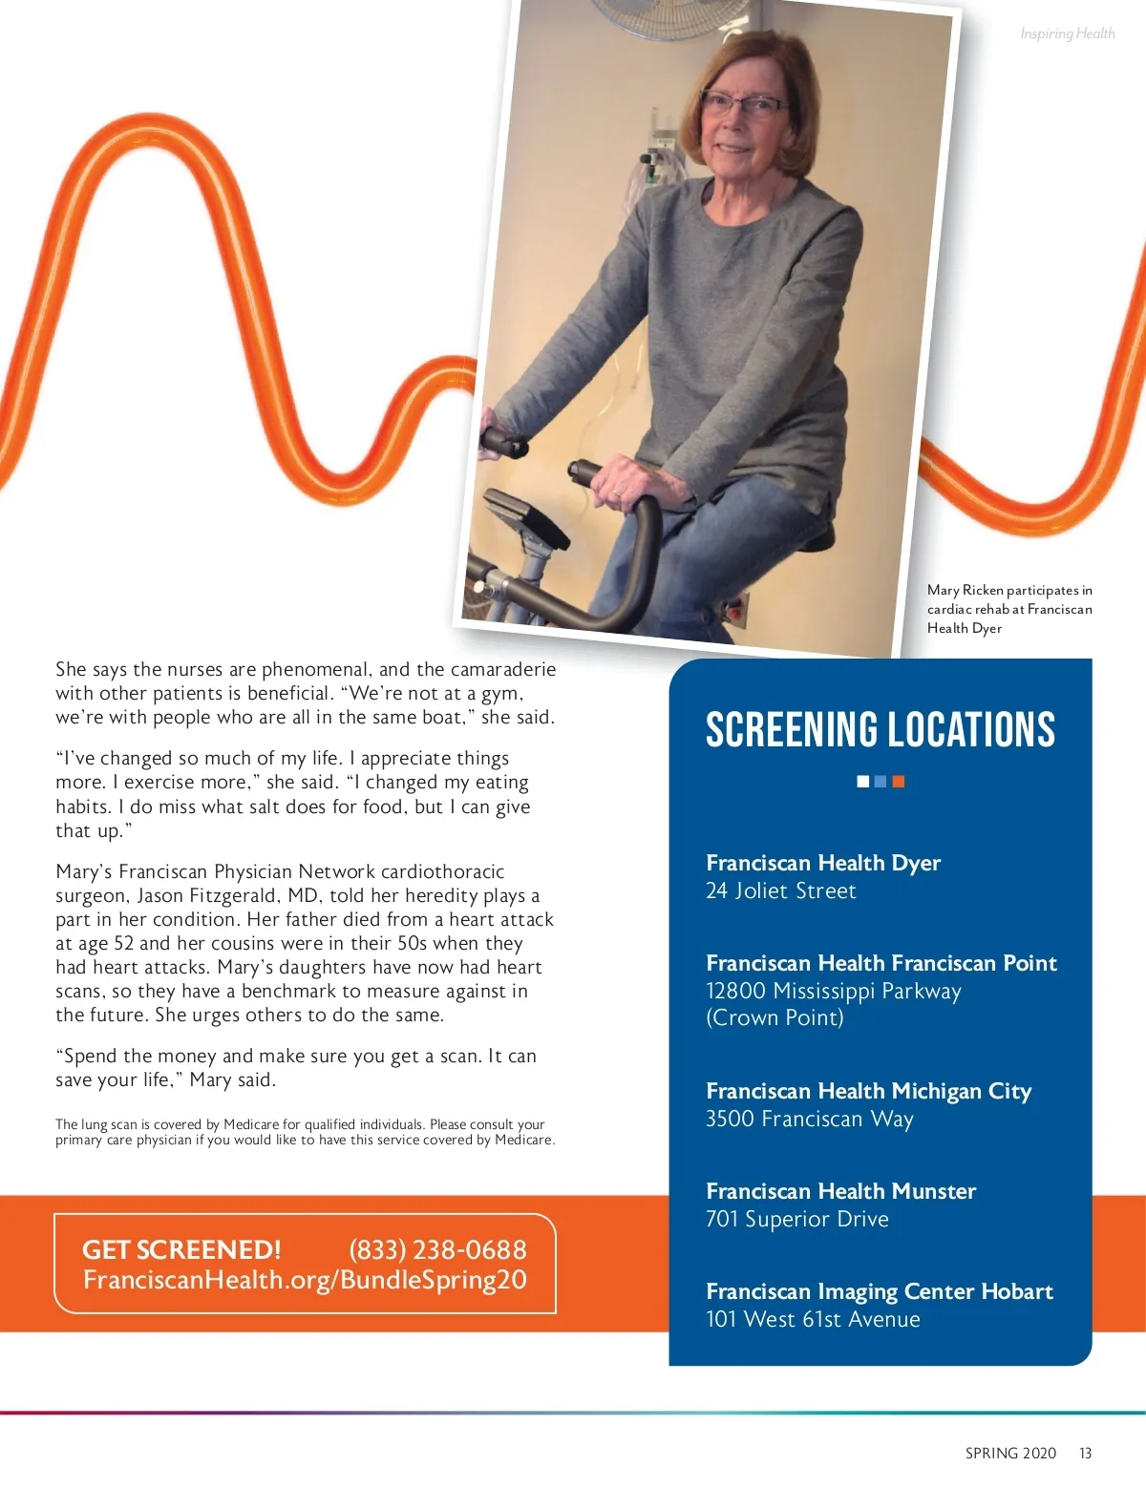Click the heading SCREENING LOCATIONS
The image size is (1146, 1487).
tap(880, 730)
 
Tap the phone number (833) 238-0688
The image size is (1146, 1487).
tap(437, 1249)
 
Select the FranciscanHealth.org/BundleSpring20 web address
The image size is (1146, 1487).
tap(305, 1280)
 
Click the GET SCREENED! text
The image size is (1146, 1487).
tap(181, 1249)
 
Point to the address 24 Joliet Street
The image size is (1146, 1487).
tap(780, 890)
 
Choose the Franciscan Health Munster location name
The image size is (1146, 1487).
tap(840, 1191)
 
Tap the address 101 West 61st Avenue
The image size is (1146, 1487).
tap(813, 1319)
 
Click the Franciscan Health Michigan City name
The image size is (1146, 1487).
tap(868, 1091)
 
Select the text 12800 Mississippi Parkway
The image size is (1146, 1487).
tap(833, 991)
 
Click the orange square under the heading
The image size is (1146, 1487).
tap(899, 782)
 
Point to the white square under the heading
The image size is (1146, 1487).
tap(863, 782)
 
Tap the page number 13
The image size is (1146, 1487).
tap(1085, 1453)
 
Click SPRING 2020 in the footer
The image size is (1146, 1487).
tap(1010, 1453)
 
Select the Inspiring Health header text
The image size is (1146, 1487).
tap(1067, 33)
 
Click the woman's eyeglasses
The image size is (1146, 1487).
tap(742, 104)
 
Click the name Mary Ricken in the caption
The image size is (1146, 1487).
tap(965, 590)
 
